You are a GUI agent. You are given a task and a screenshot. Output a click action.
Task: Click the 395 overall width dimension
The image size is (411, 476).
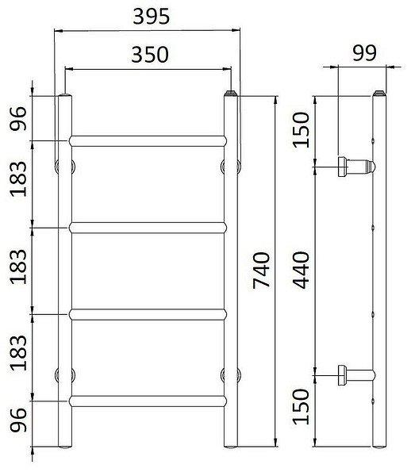(152, 17)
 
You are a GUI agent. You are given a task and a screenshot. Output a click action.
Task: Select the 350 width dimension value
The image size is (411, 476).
(150, 55)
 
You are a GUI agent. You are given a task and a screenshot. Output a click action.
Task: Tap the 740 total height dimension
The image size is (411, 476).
(261, 271)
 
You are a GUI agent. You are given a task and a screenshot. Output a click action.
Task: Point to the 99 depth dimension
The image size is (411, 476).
(364, 53)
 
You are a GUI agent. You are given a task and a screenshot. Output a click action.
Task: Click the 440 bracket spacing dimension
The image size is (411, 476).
(301, 270)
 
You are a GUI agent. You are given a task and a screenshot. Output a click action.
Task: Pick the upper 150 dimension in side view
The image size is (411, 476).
(301, 130)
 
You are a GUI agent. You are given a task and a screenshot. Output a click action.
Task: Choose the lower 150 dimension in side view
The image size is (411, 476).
(301, 406)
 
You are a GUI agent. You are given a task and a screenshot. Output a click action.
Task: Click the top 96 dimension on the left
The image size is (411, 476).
(18, 119)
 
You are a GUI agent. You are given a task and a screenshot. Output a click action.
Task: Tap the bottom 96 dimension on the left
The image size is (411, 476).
(18, 420)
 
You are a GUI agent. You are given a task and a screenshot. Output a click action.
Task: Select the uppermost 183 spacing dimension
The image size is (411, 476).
(18, 179)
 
